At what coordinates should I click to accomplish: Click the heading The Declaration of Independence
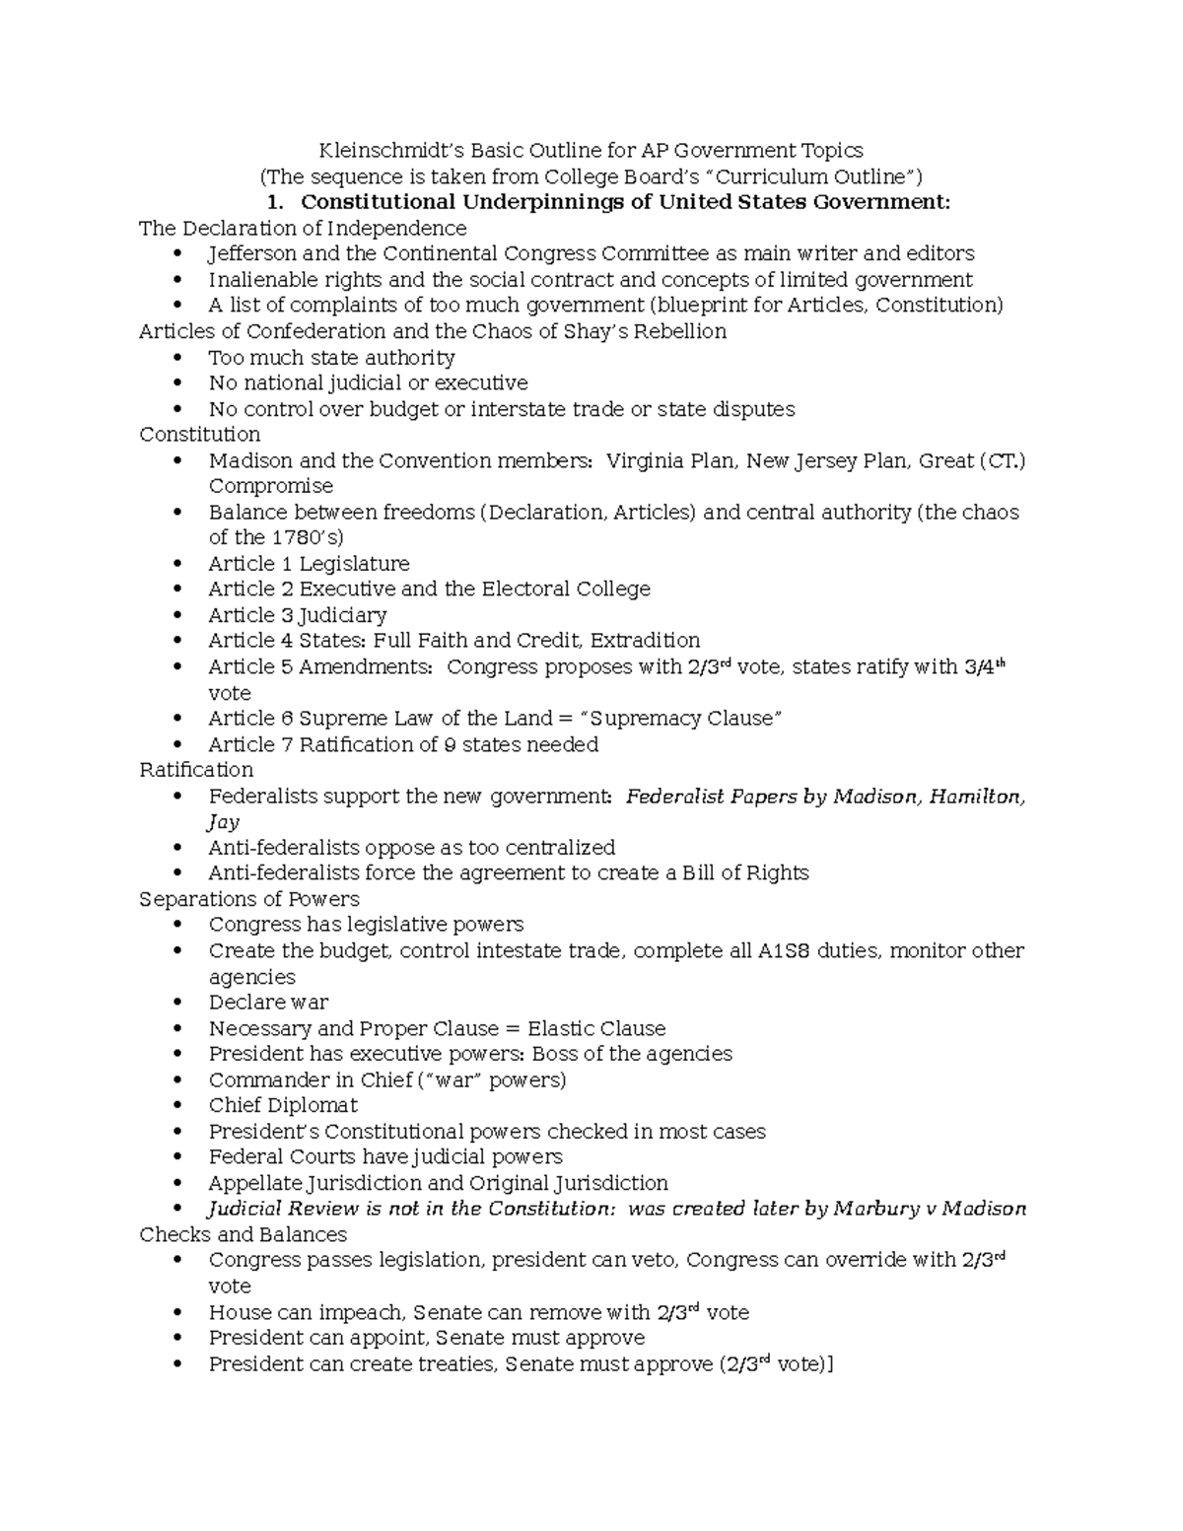(x=303, y=229)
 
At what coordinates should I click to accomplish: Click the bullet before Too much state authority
(x=177, y=358)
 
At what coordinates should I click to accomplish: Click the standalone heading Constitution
(x=199, y=435)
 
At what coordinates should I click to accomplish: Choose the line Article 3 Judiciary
(x=297, y=615)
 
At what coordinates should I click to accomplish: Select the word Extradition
(x=645, y=641)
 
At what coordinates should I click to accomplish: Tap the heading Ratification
(x=195, y=770)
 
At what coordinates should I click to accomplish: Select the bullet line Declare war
(x=268, y=1003)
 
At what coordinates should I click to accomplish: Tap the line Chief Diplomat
(x=282, y=1106)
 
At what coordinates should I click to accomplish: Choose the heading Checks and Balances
(x=243, y=1235)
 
